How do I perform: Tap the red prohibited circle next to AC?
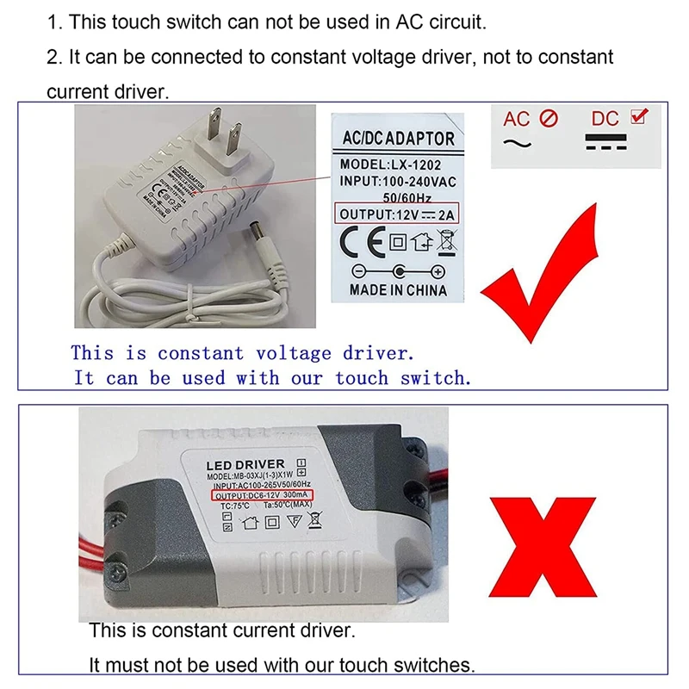click(549, 119)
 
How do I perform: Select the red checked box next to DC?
click(640, 116)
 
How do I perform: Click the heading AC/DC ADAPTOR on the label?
click(398, 139)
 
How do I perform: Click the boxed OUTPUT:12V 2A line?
click(398, 214)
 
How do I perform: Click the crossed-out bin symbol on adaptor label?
click(446, 242)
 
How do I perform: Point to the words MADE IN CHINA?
click(398, 289)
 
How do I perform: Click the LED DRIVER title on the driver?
click(245, 464)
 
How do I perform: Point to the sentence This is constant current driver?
click(221, 631)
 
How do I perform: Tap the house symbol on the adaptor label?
click(421, 242)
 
